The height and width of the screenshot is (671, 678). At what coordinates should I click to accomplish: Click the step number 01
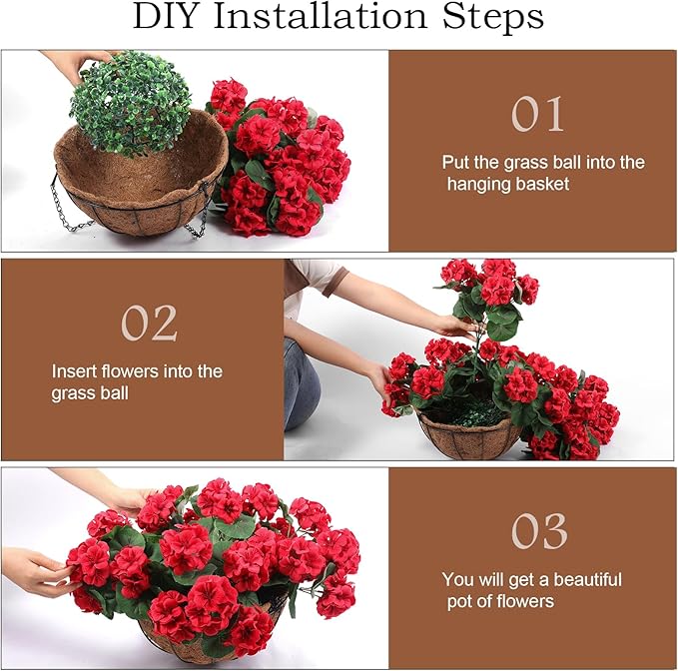[x=538, y=115]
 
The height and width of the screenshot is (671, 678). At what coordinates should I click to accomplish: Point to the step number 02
[x=149, y=323]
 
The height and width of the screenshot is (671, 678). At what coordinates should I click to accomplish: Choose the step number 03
[x=540, y=530]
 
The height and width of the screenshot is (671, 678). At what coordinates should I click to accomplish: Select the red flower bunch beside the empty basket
[x=280, y=160]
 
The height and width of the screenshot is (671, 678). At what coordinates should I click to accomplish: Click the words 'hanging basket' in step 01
[x=509, y=184]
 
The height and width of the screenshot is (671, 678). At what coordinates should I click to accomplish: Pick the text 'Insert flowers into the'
[x=137, y=371]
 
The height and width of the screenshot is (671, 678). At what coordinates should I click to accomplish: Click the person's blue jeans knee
[x=301, y=384]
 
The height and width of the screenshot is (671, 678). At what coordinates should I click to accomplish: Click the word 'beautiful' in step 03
[x=574, y=580]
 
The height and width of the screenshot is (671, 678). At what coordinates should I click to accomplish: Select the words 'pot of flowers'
[x=500, y=601]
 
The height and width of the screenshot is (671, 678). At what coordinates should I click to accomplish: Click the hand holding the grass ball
[x=75, y=65]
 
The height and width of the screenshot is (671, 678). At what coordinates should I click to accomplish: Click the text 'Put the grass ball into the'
[x=543, y=162]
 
